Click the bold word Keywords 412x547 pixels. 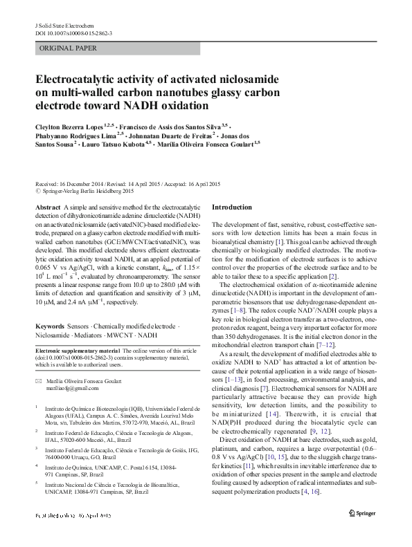[51, 325]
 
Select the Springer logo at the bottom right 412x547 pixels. [363, 532]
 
